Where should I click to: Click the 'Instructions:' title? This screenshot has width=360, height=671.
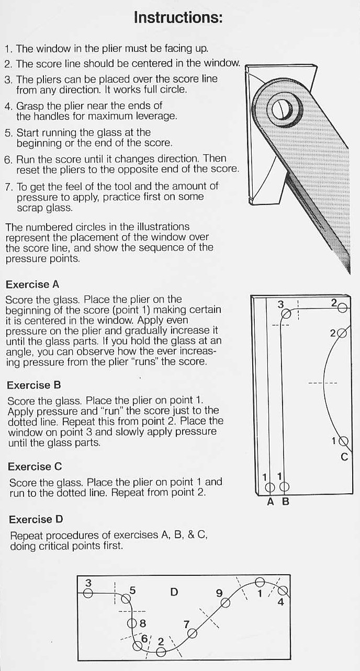(x=178, y=18)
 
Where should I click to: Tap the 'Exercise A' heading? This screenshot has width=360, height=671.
(x=32, y=285)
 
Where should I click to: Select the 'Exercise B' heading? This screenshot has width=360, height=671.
(x=34, y=385)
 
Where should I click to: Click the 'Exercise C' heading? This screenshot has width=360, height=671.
(x=35, y=467)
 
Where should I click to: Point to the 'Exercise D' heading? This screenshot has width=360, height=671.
(x=36, y=519)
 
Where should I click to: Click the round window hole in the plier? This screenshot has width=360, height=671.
(x=282, y=109)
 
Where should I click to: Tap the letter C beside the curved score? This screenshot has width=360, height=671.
(x=344, y=457)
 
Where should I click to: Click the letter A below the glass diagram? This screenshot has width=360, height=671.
(x=271, y=502)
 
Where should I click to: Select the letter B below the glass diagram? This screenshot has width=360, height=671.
(x=286, y=502)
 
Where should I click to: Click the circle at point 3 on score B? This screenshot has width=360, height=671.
(x=286, y=314)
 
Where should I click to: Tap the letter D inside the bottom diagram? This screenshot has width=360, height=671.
(x=174, y=592)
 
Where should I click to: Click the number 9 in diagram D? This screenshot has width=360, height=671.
(x=219, y=593)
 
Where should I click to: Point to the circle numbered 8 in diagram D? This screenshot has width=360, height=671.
(x=132, y=623)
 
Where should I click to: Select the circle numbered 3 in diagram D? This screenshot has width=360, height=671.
(x=88, y=593)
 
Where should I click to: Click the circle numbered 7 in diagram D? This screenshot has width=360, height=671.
(x=192, y=633)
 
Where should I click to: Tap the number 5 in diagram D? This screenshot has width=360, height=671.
(x=132, y=590)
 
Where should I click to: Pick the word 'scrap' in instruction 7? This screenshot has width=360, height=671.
(x=30, y=208)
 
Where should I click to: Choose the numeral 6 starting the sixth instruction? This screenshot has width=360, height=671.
(x=7, y=160)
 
